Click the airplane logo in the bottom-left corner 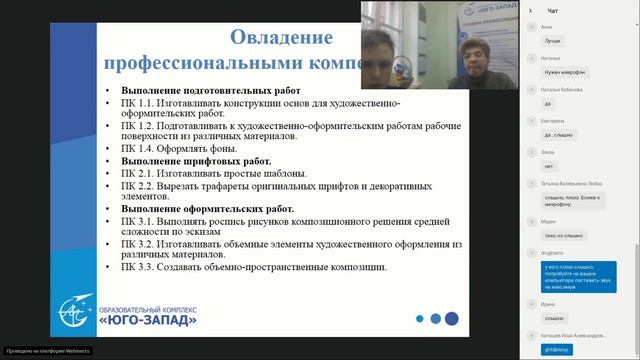70,311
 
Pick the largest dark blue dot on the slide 452,318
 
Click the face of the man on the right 469,55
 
